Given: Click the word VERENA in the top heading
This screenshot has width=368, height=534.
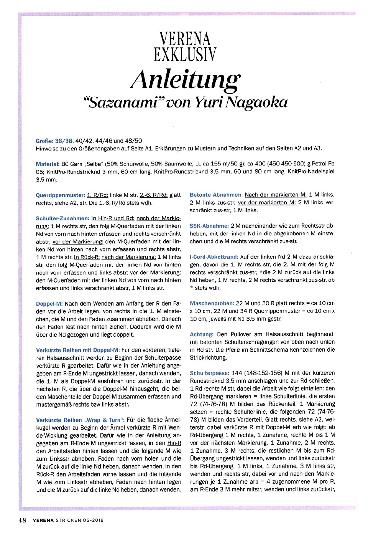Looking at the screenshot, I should click(x=185, y=39).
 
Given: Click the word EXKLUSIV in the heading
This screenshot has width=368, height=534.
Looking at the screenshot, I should click(x=185, y=54).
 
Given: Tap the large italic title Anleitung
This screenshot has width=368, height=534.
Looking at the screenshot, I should click(x=186, y=79).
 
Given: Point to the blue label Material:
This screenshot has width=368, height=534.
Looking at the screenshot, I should click(x=48, y=164).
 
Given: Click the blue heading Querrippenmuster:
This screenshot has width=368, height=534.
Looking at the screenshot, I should click(x=60, y=195).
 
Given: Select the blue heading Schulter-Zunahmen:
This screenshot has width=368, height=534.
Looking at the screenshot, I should click(x=62, y=218).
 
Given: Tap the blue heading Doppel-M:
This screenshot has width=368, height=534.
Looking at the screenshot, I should click(x=49, y=303).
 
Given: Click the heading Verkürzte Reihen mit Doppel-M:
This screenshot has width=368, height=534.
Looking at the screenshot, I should click(x=78, y=350).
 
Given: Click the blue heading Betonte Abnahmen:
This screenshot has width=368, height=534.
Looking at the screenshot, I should click(x=216, y=195).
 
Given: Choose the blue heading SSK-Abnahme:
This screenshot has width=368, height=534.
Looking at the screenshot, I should click(x=209, y=226).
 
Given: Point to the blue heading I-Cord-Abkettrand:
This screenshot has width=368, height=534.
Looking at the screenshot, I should click(x=214, y=257).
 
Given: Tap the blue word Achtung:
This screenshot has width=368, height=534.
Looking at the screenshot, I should click(x=202, y=334).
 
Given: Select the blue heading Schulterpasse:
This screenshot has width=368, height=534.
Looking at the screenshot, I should click(x=209, y=373).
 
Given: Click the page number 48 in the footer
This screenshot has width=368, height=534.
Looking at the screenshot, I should click(x=22, y=521).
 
